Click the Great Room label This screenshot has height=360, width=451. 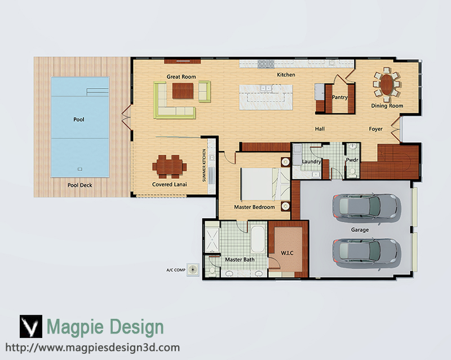181,77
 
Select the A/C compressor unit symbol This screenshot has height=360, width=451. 193,270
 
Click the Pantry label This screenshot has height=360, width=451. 340,98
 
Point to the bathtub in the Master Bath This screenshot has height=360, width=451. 258,239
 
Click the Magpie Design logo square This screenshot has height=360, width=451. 31,326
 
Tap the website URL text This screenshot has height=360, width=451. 92,348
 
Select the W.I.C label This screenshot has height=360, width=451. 287,253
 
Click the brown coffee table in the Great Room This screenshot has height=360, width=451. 183,91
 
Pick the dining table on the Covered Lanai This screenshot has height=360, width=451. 170,167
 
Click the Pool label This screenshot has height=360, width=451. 79,119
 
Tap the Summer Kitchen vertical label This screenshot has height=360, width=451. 204,165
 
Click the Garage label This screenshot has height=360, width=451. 360,230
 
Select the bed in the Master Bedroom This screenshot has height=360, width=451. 265,184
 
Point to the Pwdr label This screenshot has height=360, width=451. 352,160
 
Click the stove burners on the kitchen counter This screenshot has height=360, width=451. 266,64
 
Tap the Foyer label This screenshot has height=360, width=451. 375,129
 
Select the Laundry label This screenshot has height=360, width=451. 312,161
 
